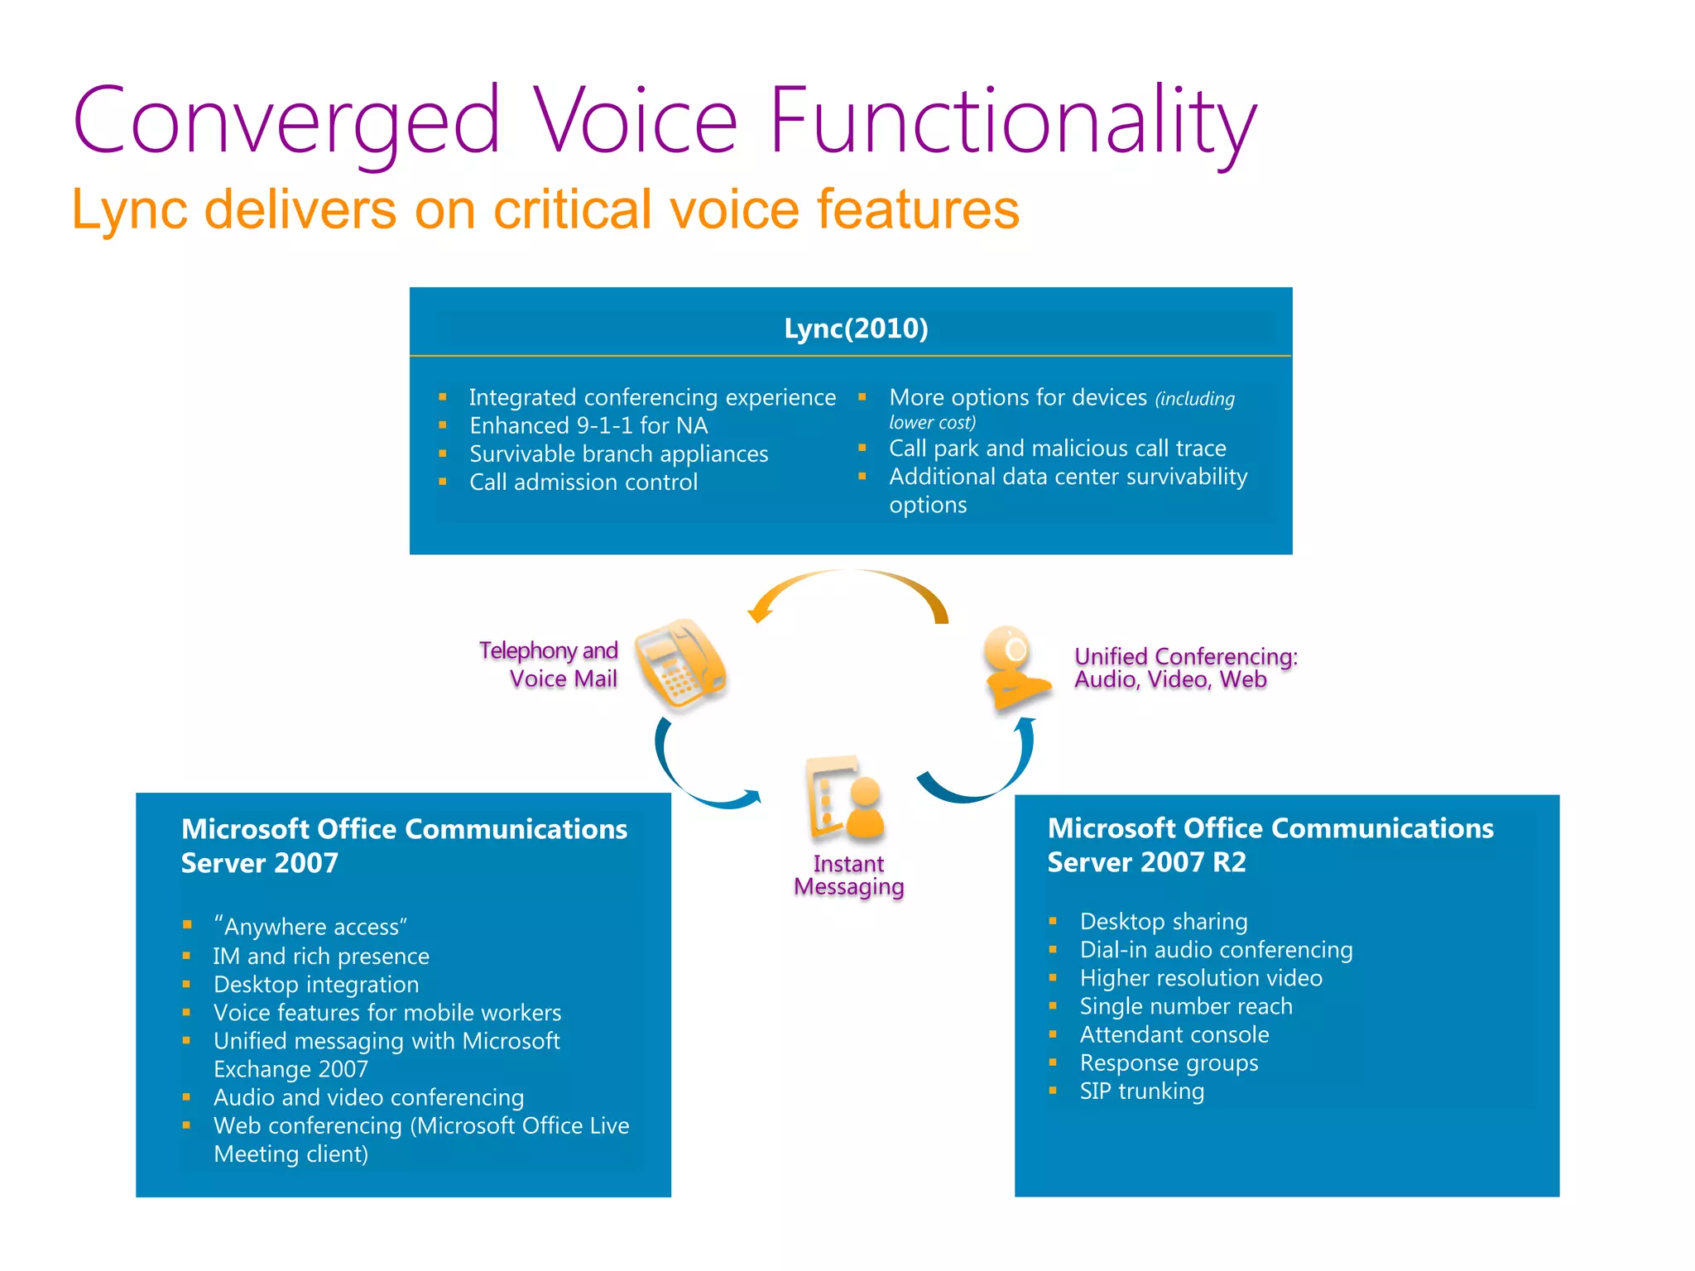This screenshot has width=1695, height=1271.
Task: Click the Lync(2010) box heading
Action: (856, 329)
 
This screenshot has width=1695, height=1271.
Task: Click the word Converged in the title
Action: (286, 122)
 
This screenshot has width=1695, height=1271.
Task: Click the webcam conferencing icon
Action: (1014, 667)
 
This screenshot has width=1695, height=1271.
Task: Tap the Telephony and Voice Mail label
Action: (550, 664)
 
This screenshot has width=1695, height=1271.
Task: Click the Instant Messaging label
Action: (848, 875)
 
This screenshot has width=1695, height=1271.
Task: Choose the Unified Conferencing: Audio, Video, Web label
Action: (1185, 668)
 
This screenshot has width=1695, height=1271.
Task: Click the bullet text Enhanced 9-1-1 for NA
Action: (588, 425)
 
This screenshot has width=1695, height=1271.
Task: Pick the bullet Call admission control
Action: (583, 482)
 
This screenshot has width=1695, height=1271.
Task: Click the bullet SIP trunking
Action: (1141, 1091)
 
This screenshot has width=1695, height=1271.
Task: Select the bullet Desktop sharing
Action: (1163, 921)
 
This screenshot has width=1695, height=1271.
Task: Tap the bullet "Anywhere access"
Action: (310, 927)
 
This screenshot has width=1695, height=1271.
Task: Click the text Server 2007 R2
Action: (1146, 862)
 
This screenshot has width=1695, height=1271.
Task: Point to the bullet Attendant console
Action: (1174, 1034)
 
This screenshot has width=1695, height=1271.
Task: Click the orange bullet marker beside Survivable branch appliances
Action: (443, 453)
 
